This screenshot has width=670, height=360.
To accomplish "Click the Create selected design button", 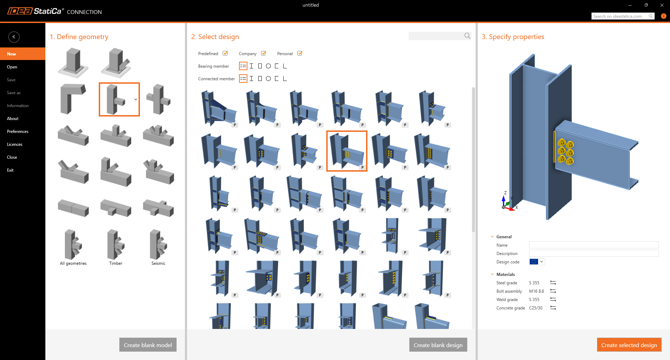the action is (629, 345).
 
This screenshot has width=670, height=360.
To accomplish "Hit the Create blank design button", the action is (438, 345).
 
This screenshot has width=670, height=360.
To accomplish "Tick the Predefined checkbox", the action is (225, 53).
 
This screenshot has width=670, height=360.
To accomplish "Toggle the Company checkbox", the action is (263, 53).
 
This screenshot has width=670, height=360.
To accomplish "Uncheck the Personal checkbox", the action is (300, 53).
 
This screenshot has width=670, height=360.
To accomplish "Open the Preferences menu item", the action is (18, 132).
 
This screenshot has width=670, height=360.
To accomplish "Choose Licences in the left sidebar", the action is (15, 144).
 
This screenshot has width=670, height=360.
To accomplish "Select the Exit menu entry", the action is (10, 170).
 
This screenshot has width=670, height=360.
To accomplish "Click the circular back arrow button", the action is (14, 37).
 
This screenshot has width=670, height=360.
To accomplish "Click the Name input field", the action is (594, 245).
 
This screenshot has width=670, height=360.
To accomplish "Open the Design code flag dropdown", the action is (537, 262).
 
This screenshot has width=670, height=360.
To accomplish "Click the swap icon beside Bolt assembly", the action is (553, 291).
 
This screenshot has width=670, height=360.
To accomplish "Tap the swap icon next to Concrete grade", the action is (553, 308).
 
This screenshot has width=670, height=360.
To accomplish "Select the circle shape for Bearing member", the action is (268, 66).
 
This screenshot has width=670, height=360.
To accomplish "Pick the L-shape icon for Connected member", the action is (285, 78).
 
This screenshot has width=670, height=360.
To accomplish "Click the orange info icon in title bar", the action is (663, 16).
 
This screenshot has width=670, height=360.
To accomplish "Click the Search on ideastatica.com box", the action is (623, 16).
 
